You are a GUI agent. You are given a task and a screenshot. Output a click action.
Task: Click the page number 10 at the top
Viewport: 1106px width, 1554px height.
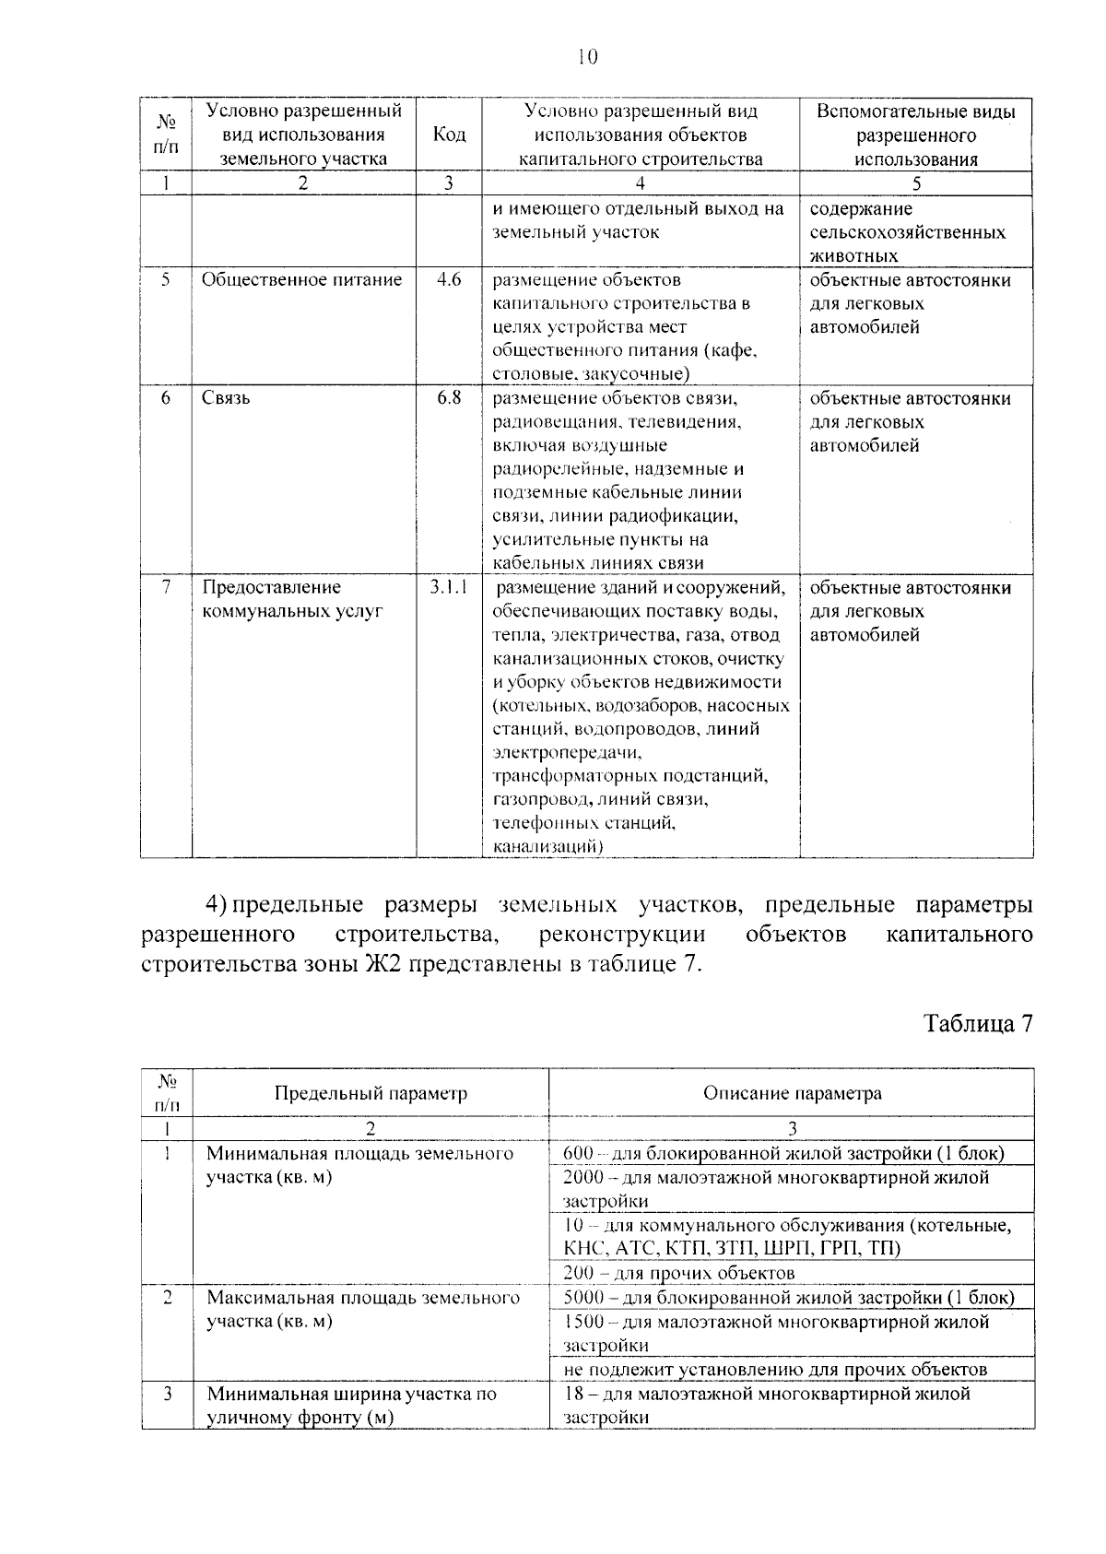[x=587, y=57]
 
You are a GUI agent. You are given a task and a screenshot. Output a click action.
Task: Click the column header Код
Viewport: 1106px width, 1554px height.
[x=448, y=135]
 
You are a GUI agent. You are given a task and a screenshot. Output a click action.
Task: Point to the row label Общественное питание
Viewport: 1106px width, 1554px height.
[x=301, y=279]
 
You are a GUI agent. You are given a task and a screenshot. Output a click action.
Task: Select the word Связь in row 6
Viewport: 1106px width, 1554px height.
[x=226, y=398]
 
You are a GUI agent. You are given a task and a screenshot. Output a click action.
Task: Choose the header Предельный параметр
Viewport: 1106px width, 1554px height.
[x=371, y=1093]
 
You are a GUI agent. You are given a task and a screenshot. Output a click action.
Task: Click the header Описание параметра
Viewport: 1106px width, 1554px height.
[x=792, y=1093]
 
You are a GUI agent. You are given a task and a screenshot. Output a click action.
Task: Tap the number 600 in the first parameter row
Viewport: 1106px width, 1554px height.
[x=577, y=1153]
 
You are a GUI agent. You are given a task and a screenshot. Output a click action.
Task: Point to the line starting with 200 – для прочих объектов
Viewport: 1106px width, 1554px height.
[x=678, y=1273]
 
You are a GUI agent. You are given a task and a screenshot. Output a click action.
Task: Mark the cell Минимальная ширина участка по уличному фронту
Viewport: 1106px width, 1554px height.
[x=351, y=1405]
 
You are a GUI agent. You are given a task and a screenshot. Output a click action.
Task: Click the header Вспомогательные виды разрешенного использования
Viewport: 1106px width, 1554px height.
[x=915, y=135]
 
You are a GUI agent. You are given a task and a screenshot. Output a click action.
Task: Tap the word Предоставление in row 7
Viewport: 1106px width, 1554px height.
[x=271, y=587]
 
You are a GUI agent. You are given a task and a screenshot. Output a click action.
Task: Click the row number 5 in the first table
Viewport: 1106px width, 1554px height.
[x=165, y=279]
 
